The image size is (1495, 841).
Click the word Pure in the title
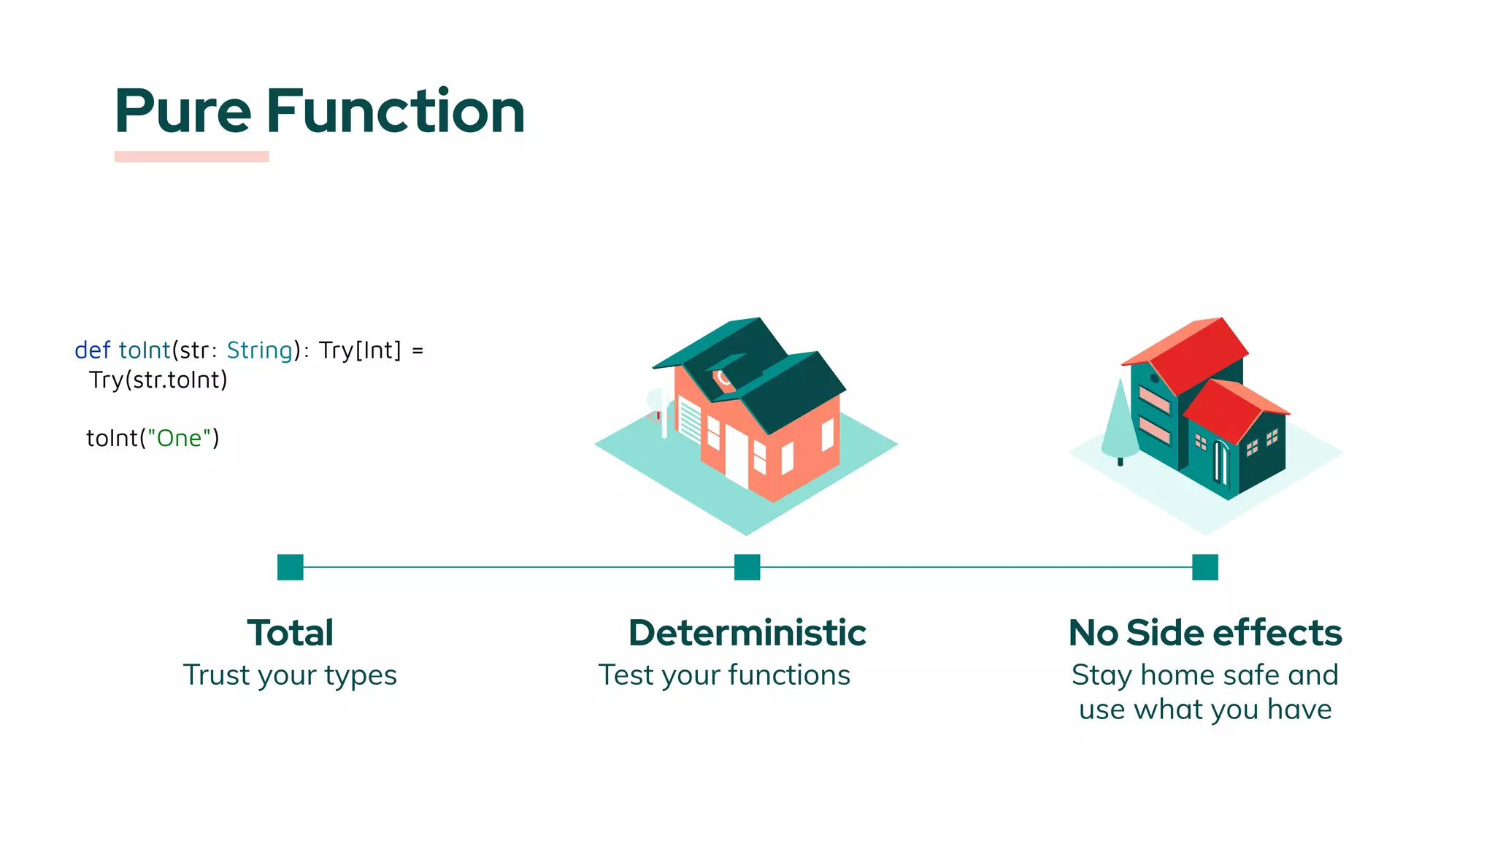point(182,112)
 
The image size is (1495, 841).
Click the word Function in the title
point(395,112)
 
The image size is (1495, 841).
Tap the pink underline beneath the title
point(191,156)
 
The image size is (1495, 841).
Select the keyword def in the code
point(92,350)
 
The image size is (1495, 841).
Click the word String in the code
point(259,350)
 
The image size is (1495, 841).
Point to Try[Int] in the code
point(360,350)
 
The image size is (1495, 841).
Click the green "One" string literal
point(179,438)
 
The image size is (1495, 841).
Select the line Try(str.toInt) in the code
point(158,380)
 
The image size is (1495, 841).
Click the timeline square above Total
point(290,567)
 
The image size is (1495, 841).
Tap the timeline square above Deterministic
point(747,567)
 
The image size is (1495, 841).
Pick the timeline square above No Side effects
point(1204,567)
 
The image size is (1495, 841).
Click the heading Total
point(290,633)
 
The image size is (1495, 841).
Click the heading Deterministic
point(747,633)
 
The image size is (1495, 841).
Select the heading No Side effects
point(1204,633)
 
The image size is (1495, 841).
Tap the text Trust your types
point(290,675)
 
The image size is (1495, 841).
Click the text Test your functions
point(724,675)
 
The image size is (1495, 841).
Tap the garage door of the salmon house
point(689,420)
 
